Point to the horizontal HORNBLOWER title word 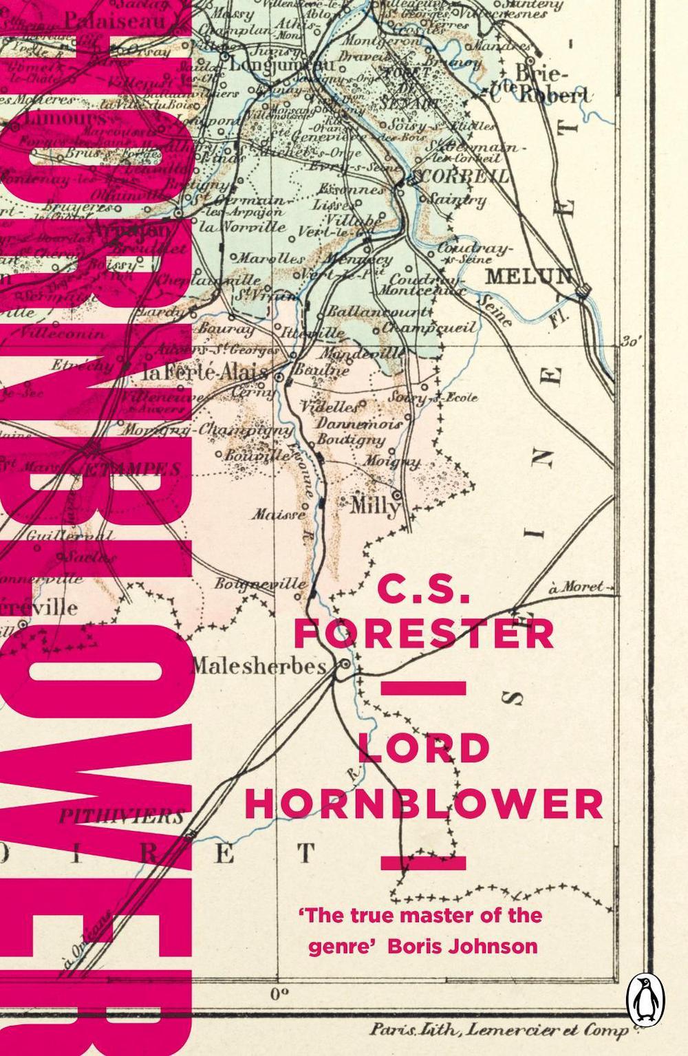click(x=424, y=803)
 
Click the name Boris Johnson click(x=462, y=946)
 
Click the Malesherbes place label click(x=257, y=666)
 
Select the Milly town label click(x=374, y=506)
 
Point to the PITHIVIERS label click(x=120, y=817)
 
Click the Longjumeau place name click(x=281, y=65)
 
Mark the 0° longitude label click(x=278, y=993)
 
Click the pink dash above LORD click(x=424, y=688)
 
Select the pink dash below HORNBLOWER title click(x=424, y=862)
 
